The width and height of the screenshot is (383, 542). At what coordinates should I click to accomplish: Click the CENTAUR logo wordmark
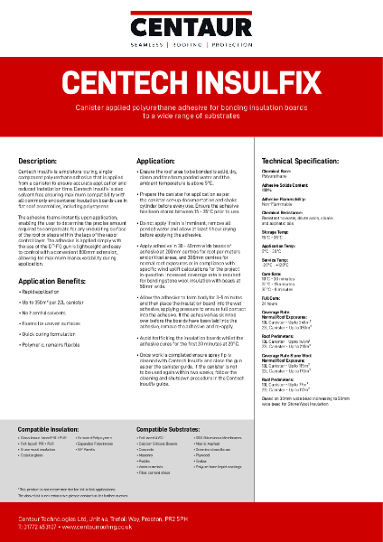[191, 19]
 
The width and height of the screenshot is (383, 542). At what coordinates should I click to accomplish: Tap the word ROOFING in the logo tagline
[191, 43]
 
